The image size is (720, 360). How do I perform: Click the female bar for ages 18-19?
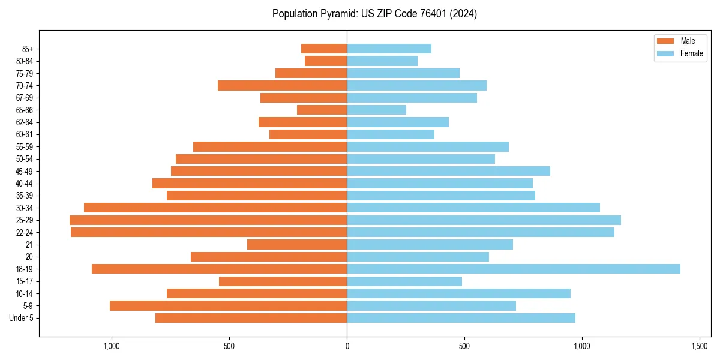[x=514, y=269]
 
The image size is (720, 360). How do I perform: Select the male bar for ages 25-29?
[x=208, y=220]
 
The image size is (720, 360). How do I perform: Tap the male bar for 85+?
[x=324, y=49]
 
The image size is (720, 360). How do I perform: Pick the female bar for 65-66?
[x=376, y=110]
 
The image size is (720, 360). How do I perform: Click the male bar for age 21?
[x=297, y=244]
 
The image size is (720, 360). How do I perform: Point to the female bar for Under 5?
[x=461, y=318]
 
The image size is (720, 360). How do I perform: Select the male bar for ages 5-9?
[x=228, y=305]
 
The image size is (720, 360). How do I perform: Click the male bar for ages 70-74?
[x=282, y=85]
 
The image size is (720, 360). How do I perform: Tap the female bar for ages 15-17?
[x=404, y=281]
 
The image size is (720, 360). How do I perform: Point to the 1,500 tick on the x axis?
[x=700, y=346]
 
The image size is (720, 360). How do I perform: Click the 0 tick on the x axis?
[x=347, y=346]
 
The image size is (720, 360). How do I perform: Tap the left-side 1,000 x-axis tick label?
[x=112, y=346]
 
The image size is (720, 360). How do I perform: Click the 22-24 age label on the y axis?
[x=24, y=232]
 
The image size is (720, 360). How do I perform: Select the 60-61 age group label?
[x=24, y=134]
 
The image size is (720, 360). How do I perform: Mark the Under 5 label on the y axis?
[x=22, y=318]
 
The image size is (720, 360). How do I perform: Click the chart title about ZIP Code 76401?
[x=374, y=14]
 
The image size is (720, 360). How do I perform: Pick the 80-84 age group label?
[x=24, y=61]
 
